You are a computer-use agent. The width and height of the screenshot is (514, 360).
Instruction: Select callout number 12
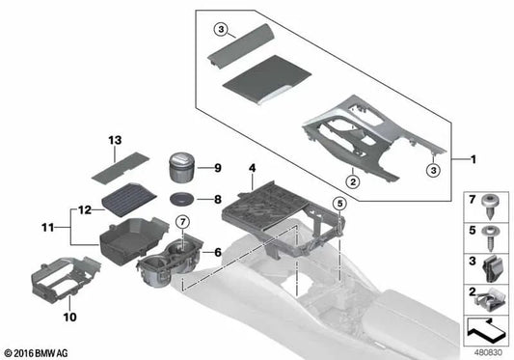84,208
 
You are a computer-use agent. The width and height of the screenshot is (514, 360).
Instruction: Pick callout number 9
218,168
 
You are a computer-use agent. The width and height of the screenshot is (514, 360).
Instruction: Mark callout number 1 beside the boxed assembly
473,157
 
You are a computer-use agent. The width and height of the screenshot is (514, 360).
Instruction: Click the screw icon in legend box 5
492,233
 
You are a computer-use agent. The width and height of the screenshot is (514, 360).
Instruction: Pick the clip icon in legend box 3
492,262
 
